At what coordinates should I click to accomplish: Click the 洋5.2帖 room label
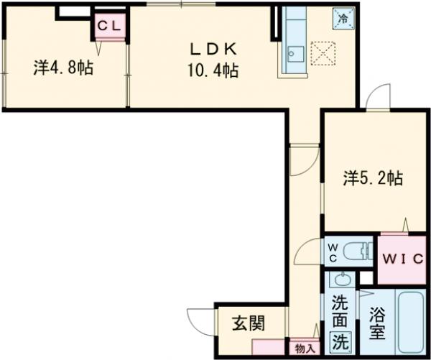[372, 177]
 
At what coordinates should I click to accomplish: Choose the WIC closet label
[399, 258]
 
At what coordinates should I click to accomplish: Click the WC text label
[333, 253]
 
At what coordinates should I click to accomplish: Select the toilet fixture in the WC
[357, 252]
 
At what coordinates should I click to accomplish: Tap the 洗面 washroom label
[339, 311]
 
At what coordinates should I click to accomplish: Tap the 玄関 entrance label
[247, 323]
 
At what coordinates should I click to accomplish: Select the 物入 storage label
[304, 348]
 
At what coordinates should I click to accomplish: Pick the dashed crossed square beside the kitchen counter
[325, 51]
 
